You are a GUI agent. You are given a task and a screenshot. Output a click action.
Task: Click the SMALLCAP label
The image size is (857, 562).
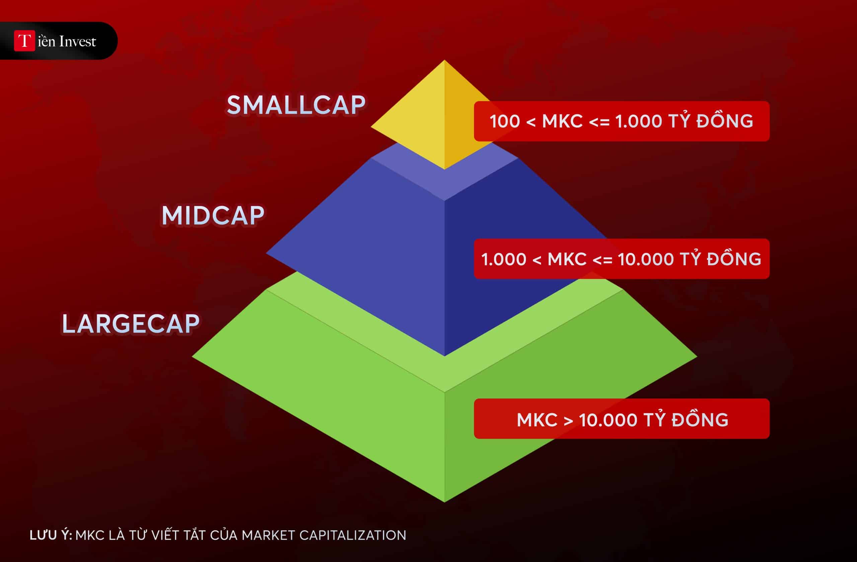pos(296,105)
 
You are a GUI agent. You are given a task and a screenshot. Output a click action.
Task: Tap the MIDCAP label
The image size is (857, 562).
pos(213,216)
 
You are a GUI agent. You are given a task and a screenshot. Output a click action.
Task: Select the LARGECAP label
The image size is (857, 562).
pos(130,324)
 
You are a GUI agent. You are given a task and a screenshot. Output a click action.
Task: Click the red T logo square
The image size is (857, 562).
pos(24,41)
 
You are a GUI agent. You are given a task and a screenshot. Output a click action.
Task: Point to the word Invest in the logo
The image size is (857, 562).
pos(77,42)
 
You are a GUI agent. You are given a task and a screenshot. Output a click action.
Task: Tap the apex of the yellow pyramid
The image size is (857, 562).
pos(444,60)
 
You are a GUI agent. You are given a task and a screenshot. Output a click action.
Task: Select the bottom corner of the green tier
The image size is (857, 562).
pos(444,502)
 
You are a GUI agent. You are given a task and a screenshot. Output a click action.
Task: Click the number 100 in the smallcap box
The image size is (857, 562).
pos(505,121)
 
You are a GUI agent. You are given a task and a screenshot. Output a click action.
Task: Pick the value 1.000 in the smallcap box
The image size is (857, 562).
pos(639,121)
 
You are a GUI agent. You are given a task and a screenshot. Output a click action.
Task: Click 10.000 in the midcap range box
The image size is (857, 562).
pos(646,259)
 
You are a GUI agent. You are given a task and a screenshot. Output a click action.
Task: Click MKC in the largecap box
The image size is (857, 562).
pos(537,420)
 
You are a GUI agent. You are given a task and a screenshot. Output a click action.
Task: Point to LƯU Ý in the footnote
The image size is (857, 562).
pos(51,535)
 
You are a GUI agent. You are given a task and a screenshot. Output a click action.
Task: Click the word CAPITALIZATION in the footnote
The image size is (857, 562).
pos(353,535)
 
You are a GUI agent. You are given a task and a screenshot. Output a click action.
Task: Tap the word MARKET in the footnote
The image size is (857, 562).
pos(268,535)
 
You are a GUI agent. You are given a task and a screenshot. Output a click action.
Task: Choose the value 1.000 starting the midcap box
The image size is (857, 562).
pos(504,259)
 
